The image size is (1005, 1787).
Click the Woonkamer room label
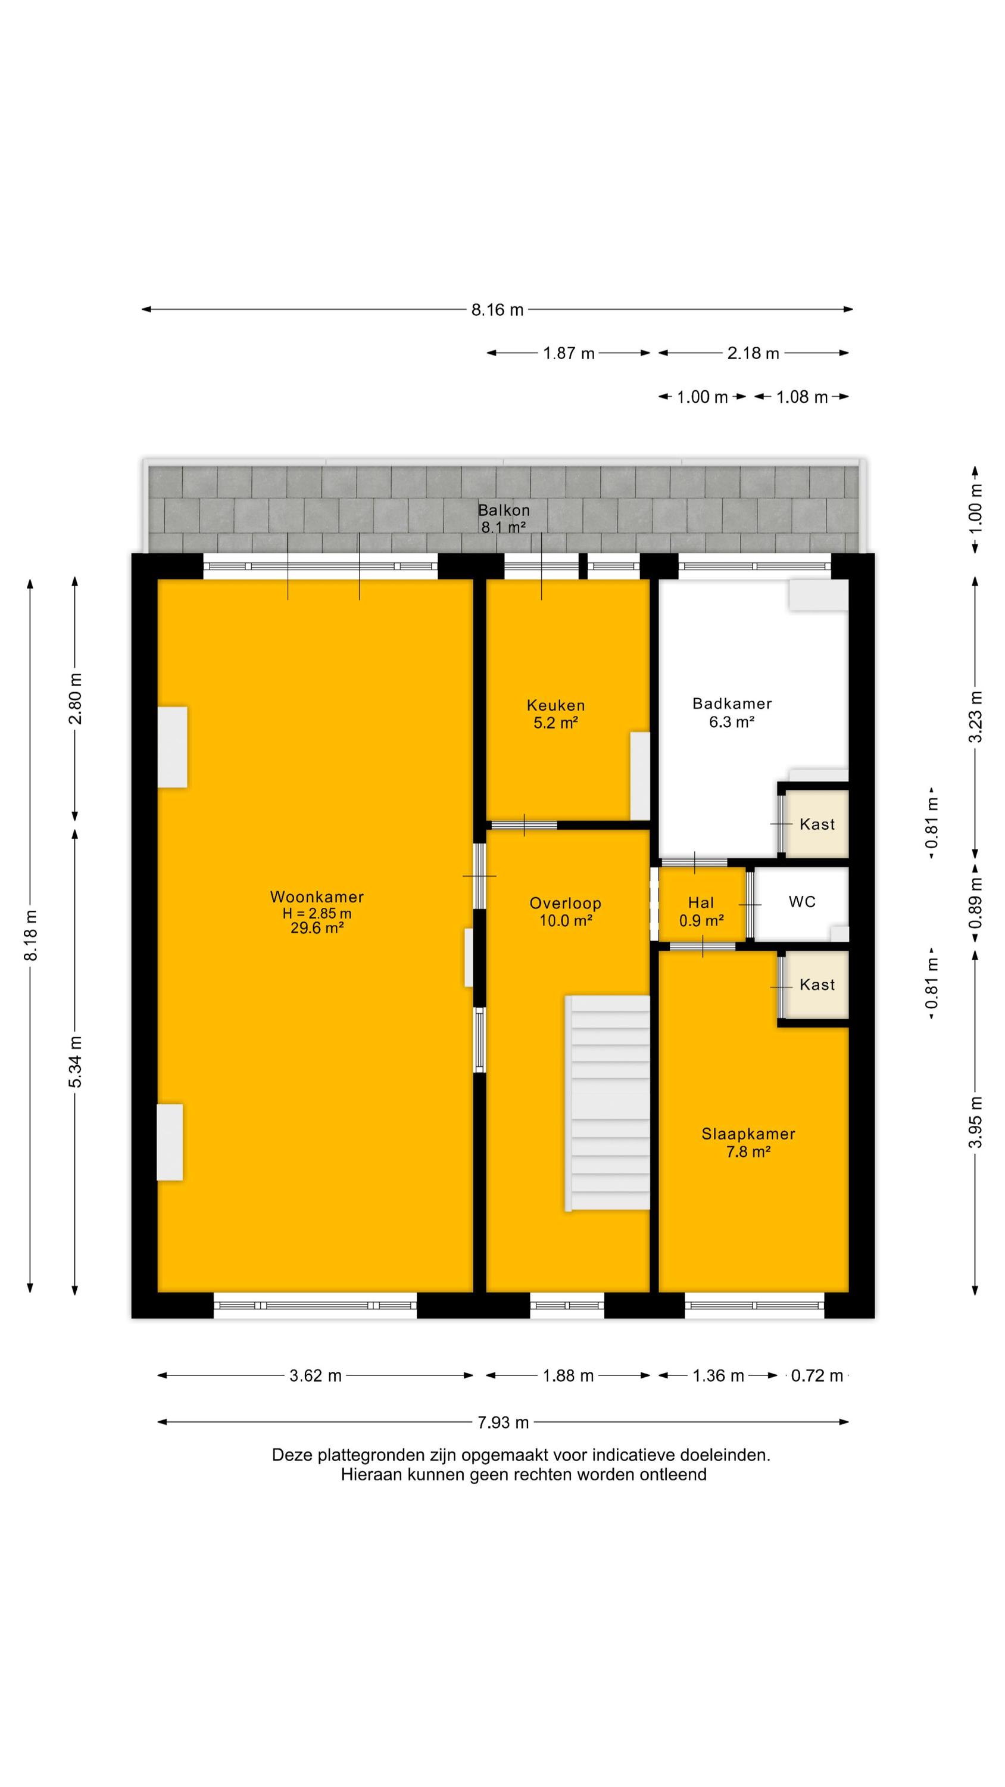pos(316,912)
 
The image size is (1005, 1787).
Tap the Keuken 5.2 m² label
pos(555,714)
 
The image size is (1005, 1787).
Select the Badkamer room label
pos(732,712)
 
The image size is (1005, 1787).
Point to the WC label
pos(802,902)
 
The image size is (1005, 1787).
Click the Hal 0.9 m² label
pos(701,911)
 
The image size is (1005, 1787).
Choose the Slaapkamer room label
pos(748,1142)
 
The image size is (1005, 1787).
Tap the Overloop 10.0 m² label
pos(565,911)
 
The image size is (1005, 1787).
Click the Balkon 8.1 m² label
pos(504,518)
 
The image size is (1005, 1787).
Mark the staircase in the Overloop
pos(607,1103)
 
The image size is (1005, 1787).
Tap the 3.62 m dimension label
pos(316,1375)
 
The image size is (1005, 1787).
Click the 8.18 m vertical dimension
pos(30,935)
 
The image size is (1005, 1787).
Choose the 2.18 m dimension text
pos(753,353)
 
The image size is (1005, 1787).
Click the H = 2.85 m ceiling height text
pos(316,914)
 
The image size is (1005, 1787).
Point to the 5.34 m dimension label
pos(76,1062)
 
